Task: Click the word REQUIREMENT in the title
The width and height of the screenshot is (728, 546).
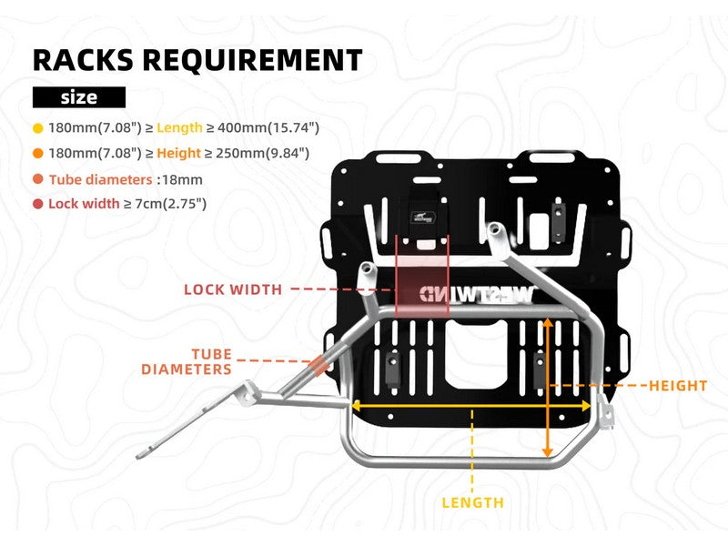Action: point(264,60)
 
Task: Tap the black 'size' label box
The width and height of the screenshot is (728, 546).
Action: point(78,96)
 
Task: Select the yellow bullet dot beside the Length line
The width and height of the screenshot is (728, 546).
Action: point(38,127)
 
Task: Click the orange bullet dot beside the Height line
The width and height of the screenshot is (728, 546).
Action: point(38,153)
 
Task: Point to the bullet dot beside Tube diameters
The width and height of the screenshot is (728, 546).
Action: point(38,179)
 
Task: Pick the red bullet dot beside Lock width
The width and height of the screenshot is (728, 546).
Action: point(38,204)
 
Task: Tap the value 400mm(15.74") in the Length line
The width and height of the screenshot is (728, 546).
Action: point(277,127)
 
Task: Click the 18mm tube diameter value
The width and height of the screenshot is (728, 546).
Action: point(182,179)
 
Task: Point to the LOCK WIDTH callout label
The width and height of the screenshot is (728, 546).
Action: point(233,290)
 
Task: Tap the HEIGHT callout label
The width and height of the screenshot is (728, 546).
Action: point(678,386)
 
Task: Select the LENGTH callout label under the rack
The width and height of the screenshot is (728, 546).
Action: point(472,502)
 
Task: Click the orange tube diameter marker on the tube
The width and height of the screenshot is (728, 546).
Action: point(317,367)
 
